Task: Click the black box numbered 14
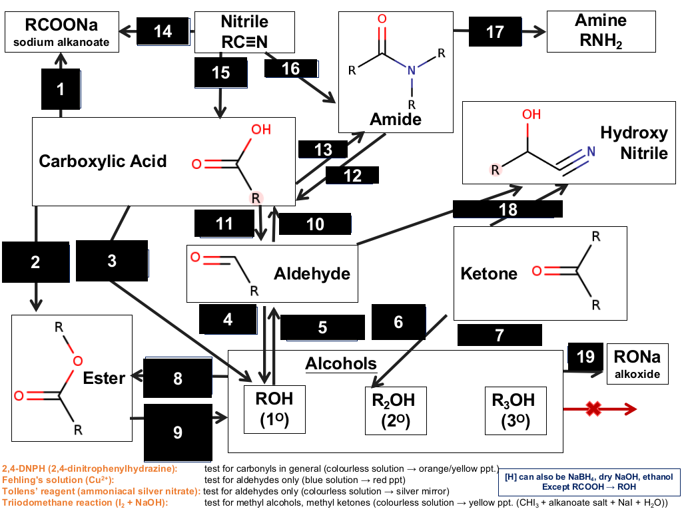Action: click(x=163, y=31)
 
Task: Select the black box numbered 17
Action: click(x=495, y=32)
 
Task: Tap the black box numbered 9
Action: click(x=178, y=432)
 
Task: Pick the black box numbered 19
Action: click(x=585, y=357)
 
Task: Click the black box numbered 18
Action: click(x=508, y=210)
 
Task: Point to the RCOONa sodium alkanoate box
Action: click(x=62, y=32)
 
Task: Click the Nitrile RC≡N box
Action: click(x=244, y=32)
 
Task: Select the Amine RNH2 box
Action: click(x=601, y=32)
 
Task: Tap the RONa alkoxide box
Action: click(x=637, y=364)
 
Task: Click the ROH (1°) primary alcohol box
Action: click(x=274, y=409)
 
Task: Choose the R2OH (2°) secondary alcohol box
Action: click(x=396, y=411)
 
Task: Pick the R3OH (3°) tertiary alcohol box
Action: click(x=515, y=411)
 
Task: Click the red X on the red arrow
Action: click(x=593, y=409)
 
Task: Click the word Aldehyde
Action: click(x=312, y=273)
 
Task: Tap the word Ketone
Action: click(x=489, y=273)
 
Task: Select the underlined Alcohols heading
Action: click(x=341, y=364)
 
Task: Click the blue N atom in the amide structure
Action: click(x=412, y=70)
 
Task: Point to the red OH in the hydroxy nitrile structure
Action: click(x=531, y=114)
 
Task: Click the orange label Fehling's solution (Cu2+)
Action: click(x=58, y=480)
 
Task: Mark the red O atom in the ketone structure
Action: click(x=537, y=271)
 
